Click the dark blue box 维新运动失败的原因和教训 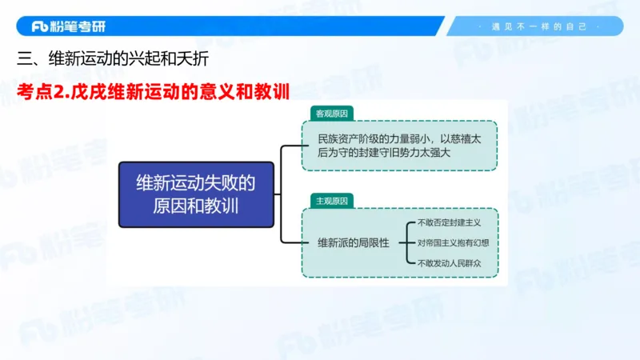coord(196,194)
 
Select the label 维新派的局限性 coord(353,242)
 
